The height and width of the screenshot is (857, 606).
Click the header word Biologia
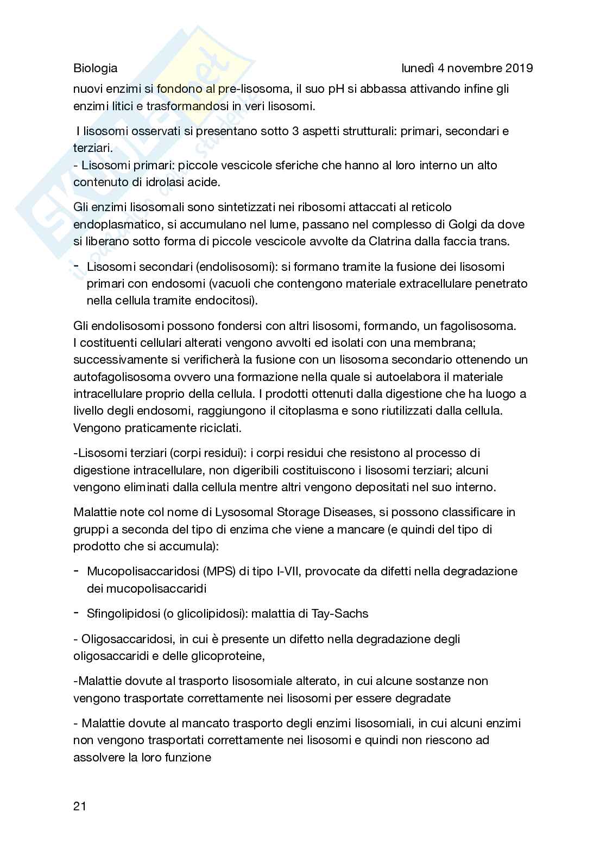[95, 68]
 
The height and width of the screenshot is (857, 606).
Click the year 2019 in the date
[519, 68]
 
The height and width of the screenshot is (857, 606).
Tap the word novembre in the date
[471, 68]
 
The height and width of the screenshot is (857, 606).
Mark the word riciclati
[219, 428]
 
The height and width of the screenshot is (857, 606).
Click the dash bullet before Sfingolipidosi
[77, 613]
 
